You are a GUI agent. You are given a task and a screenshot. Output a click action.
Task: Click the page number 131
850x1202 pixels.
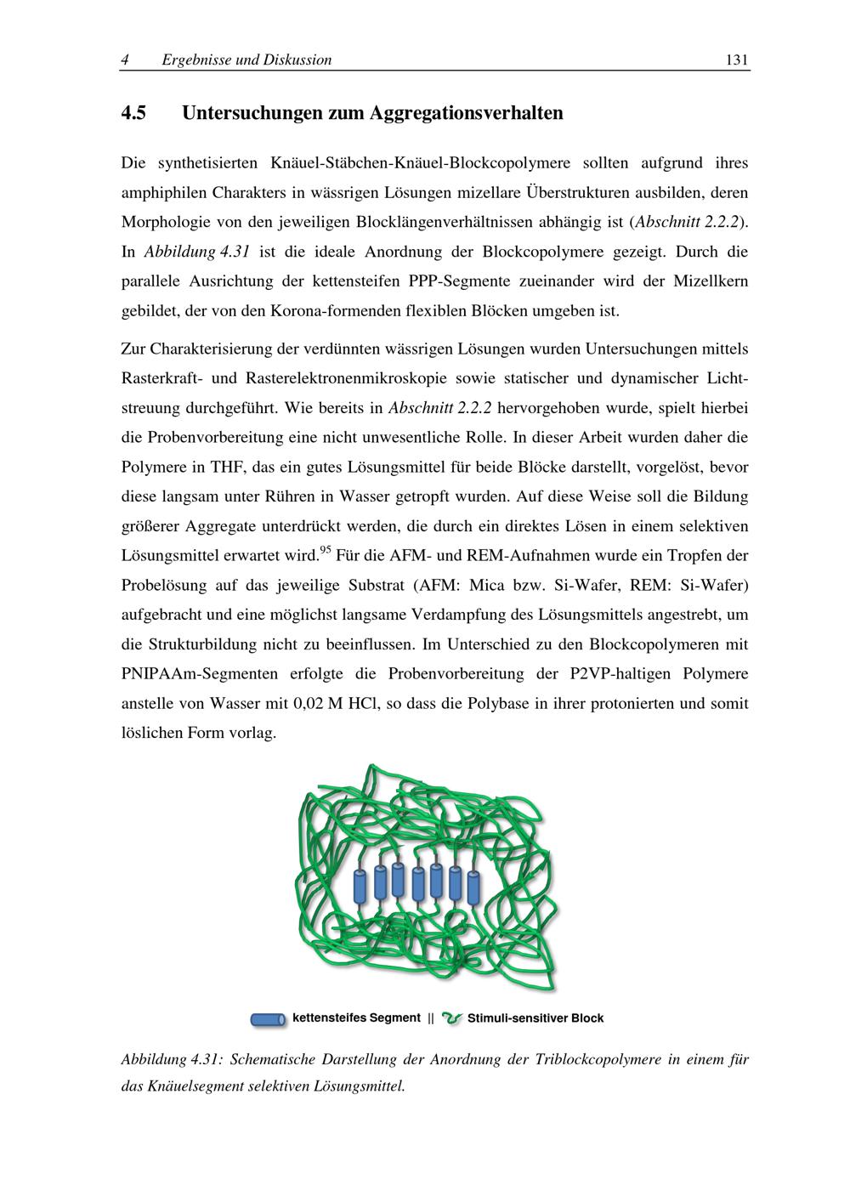736,60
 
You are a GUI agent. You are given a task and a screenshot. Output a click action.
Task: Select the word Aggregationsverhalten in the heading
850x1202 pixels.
467,113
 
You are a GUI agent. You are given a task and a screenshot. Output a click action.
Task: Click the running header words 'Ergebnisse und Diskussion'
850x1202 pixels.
246,60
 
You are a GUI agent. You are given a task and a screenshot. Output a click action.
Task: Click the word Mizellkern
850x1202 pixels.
710,281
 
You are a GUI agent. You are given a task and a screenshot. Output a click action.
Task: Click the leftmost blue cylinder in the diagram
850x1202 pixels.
360,887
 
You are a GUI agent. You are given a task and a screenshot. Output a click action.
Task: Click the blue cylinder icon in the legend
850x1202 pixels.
269,1018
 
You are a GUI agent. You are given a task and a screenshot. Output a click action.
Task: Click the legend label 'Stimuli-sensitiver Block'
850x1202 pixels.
535,1018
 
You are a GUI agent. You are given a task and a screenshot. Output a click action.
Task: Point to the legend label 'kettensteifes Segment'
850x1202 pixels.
356,1018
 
